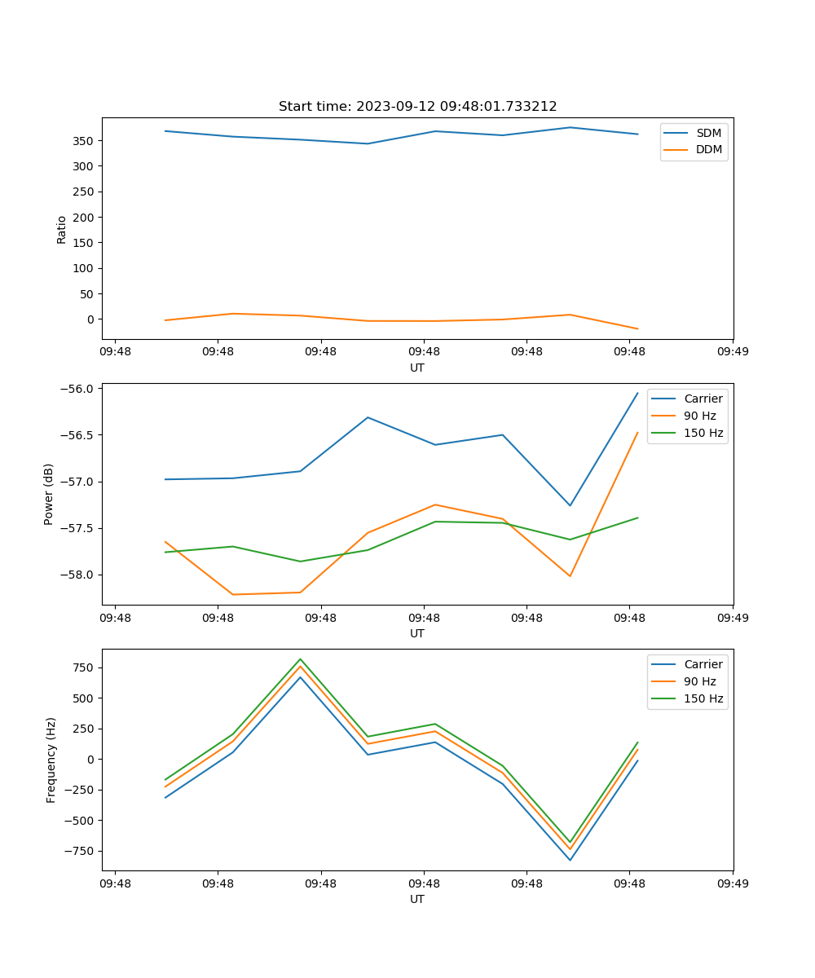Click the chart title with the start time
(417, 107)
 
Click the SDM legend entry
(707, 133)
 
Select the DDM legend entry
(707, 150)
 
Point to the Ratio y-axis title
(62, 228)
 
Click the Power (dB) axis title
(49, 494)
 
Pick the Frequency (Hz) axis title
(51, 760)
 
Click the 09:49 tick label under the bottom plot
(732, 882)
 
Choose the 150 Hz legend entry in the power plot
(703, 434)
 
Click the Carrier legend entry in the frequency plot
(703, 664)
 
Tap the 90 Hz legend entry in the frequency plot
(699, 681)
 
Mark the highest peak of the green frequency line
(300, 659)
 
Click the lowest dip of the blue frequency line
(570, 860)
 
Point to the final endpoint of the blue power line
(637, 393)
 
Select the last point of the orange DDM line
(637, 329)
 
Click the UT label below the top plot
(417, 368)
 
